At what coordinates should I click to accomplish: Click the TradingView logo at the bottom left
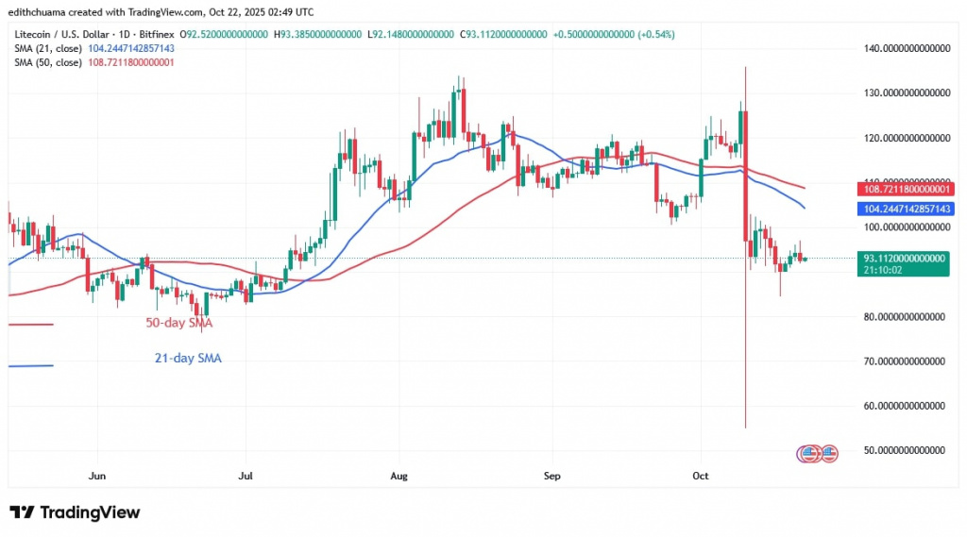click(75, 512)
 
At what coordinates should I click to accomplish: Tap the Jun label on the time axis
click(96, 477)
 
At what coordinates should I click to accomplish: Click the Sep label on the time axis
click(552, 477)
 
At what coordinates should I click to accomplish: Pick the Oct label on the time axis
click(701, 477)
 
